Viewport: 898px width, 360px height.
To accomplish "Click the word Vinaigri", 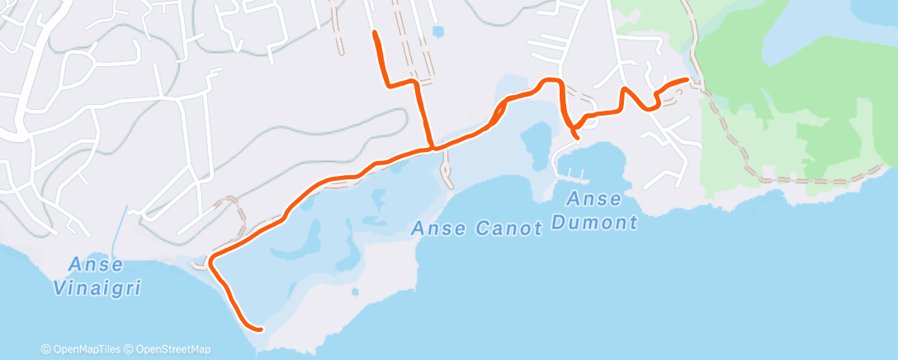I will (96, 289).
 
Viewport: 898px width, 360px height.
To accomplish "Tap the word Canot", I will (510, 229).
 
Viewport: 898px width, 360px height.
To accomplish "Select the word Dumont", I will (603, 222).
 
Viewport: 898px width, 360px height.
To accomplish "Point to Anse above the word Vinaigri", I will (96, 265).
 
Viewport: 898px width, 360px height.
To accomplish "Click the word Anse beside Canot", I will (441, 229).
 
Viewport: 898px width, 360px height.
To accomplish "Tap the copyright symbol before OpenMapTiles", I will (45, 350).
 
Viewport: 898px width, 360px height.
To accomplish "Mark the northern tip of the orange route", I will (376, 32).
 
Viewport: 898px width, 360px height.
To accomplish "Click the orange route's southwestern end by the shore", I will (260, 329).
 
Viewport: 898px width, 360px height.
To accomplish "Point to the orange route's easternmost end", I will (688, 79).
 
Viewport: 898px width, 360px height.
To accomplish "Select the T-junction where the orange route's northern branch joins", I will (432, 148).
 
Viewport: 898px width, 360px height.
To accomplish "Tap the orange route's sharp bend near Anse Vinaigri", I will (211, 260).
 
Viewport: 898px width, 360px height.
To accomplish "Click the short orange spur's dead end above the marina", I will (576, 136).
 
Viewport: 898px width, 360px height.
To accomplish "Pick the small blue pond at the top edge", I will (437, 32).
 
